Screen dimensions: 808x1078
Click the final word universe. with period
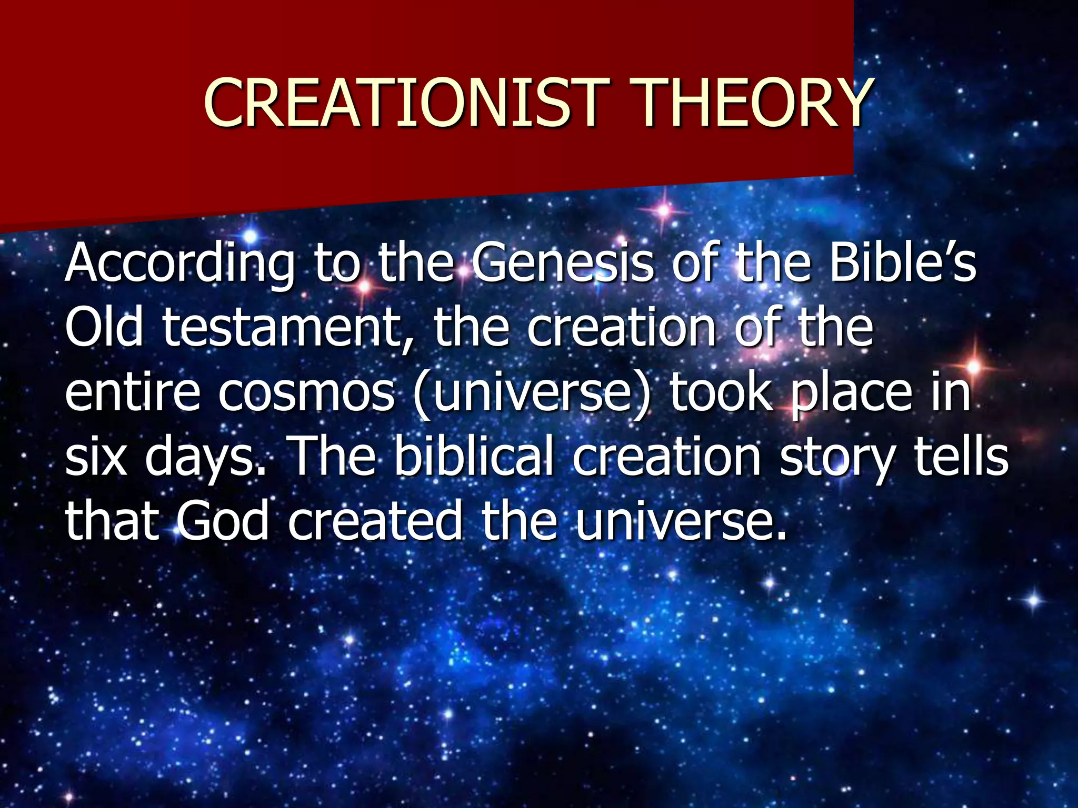click(682, 521)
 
